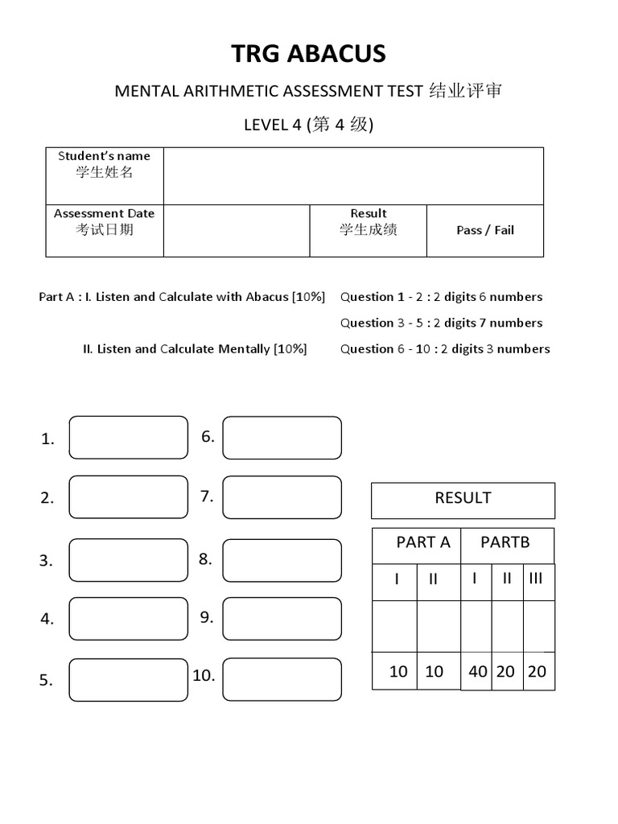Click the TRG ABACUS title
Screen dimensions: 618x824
pyautogui.click(x=309, y=54)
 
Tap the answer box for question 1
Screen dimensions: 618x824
pyautogui.click(x=128, y=438)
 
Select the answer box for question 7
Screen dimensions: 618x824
pyautogui.click(x=282, y=497)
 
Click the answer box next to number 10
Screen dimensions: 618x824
pyautogui.click(x=282, y=679)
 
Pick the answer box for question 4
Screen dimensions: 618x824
pyautogui.click(x=128, y=619)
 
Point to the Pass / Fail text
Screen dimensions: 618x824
pyautogui.click(x=484, y=230)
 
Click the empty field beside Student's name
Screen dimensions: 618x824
pyautogui.click(x=353, y=175)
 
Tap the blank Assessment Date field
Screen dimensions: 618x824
pyautogui.click(x=237, y=230)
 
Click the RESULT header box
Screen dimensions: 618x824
pyautogui.click(x=463, y=499)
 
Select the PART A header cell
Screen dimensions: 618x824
pyautogui.click(x=423, y=542)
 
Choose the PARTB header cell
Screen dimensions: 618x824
pyautogui.click(x=505, y=542)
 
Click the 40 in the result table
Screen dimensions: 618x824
pyautogui.click(x=477, y=672)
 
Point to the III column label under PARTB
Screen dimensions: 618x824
pyautogui.click(x=537, y=579)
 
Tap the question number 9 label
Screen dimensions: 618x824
pyautogui.click(x=207, y=617)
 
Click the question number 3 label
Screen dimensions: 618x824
pyautogui.click(x=46, y=561)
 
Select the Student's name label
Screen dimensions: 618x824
pyautogui.click(x=104, y=156)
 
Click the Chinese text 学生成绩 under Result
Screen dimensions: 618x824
pyautogui.click(x=368, y=230)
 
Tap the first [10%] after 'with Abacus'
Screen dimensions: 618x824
pyautogui.click(x=309, y=297)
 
